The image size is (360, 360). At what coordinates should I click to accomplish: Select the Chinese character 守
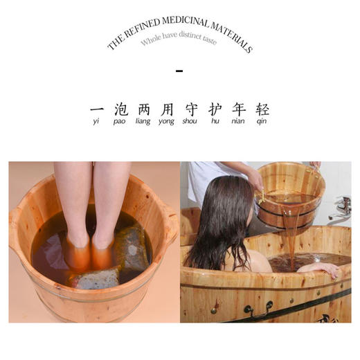tap(191, 110)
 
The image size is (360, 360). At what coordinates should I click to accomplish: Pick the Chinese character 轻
tap(262, 110)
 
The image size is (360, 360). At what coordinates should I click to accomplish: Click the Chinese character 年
tap(238, 110)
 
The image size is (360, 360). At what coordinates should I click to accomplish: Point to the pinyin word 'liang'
tap(143, 123)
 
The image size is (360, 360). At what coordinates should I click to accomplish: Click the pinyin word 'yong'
tap(167, 123)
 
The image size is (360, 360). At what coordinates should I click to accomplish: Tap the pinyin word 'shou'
tap(190, 123)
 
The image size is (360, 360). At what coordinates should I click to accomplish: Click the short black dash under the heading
tap(180, 71)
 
